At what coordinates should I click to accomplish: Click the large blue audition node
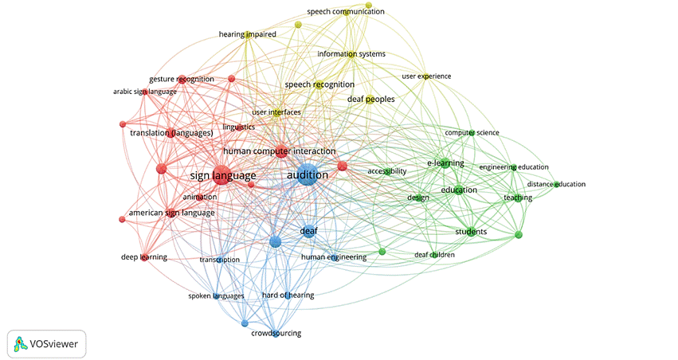coord(307,176)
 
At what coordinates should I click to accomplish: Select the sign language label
coord(223,175)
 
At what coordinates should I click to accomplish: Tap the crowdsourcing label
coord(276,333)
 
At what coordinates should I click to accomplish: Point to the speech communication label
coord(346,12)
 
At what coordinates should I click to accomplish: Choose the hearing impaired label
coord(247,34)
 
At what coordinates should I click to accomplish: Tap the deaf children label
coord(434,255)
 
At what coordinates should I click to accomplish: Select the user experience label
coord(426,76)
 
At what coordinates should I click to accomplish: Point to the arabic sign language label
coord(144,92)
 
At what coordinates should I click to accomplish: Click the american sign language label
coord(171,213)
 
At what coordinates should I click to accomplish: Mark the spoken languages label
coord(216,296)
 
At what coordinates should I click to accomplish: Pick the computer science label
coord(472,132)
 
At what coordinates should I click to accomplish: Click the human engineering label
coord(334,257)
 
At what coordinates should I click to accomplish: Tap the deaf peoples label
coord(370,99)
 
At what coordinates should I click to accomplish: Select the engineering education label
coord(514,166)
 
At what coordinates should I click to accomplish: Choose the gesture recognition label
coord(182,79)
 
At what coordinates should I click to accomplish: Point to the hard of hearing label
coord(288,295)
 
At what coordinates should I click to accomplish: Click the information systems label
coord(351,54)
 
